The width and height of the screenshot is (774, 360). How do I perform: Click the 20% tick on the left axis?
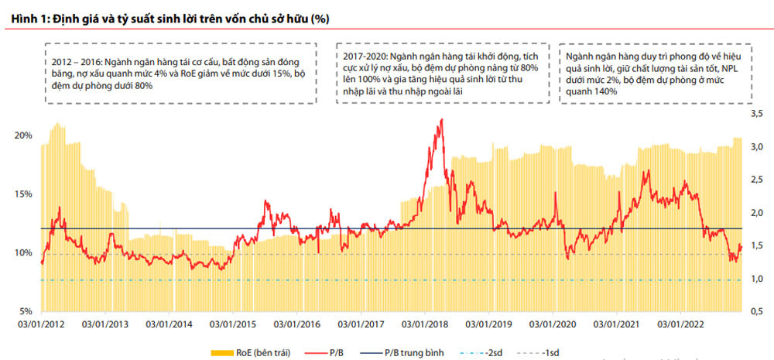coord(24,135)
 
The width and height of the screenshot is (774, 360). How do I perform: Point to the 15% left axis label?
coord(24,194)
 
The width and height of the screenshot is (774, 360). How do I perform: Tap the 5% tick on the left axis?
coord(26,311)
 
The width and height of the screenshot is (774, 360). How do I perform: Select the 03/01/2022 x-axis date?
coord(677,325)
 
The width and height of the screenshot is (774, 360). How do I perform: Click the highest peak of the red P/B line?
coord(441,120)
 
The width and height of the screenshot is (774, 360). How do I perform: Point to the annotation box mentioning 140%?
coord(656,74)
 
